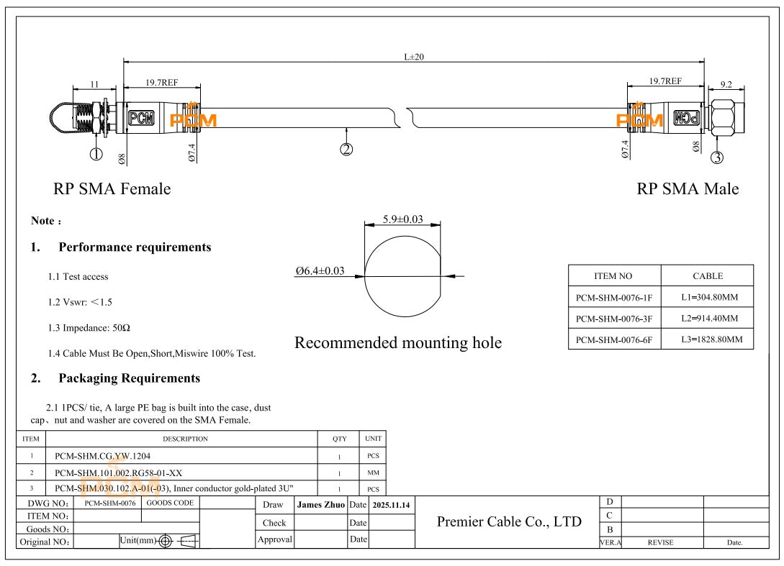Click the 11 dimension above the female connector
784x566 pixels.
[x=94, y=84]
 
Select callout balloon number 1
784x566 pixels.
[x=96, y=152]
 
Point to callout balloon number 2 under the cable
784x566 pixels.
[x=347, y=149]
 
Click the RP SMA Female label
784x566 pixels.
[x=112, y=189]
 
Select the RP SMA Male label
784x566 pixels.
[x=688, y=189]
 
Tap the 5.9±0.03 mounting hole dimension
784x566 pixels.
[x=403, y=220]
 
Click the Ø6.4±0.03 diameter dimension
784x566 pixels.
[x=320, y=270]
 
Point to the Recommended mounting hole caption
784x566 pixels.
[x=398, y=343]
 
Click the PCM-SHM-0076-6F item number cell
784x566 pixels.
[x=615, y=337]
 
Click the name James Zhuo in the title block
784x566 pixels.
[x=321, y=506]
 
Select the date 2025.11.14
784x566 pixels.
[x=391, y=506]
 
